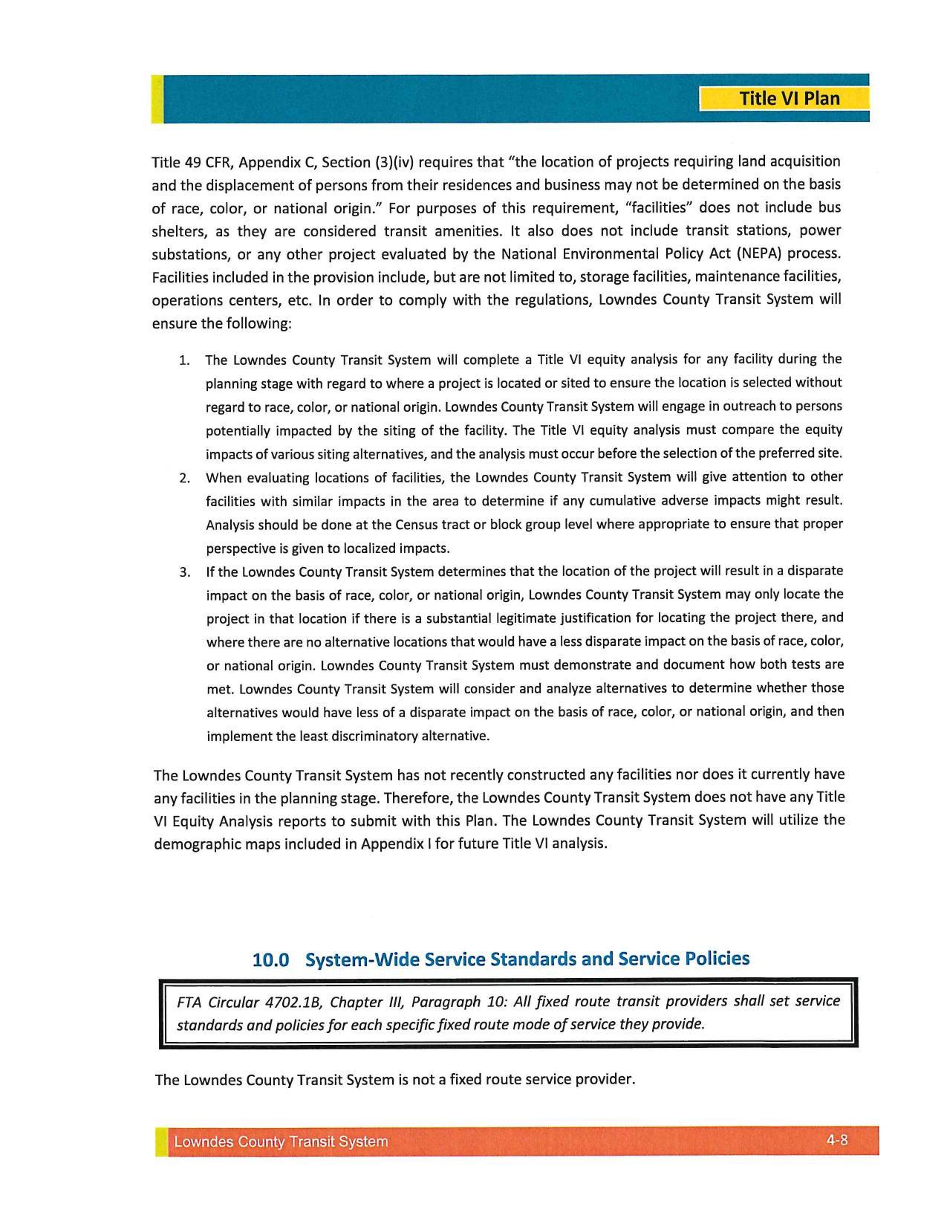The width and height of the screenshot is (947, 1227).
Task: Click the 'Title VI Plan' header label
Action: coord(789,99)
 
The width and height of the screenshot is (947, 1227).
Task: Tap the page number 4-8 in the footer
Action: coord(837,1139)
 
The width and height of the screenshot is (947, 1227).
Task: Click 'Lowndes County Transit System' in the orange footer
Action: coord(281,1142)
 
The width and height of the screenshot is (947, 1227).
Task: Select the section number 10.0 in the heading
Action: coord(270,959)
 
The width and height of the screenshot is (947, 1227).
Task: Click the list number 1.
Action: coord(184,361)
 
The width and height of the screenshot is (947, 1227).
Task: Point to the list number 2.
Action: coord(184,478)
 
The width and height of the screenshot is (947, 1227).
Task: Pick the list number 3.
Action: coord(184,572)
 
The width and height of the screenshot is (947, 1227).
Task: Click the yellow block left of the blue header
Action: coord(157,99)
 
